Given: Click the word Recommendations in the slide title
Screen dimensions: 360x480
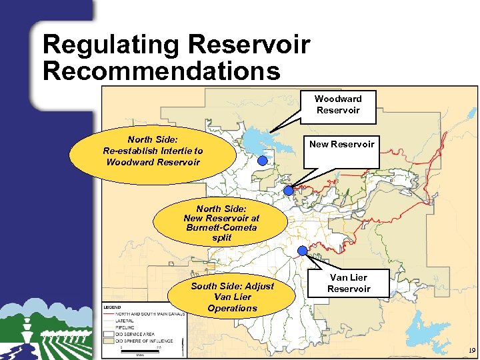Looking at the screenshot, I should click(161, 71).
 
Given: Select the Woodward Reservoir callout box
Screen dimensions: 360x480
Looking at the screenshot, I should click(337, 105).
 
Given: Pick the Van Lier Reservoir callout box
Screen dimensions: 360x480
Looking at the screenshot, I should click(349, 283).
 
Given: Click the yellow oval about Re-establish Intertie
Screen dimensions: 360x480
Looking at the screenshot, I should click(153, 151).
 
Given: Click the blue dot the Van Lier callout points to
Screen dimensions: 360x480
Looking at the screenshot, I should click(302, 251).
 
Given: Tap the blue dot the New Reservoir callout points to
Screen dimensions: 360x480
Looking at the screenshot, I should click(288, 191).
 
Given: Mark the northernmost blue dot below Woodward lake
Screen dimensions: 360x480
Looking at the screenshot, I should click(263, 161).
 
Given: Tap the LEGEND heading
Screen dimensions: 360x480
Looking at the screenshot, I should click(113, 306).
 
